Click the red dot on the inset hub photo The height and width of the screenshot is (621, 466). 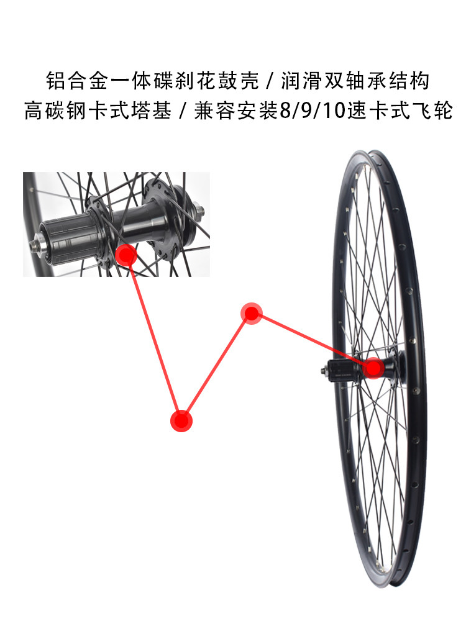point(126,255)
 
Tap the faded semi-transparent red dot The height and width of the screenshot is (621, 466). point(252,313)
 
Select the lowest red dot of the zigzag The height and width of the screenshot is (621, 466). point(181,420)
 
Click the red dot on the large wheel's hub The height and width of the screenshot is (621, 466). point(373,368)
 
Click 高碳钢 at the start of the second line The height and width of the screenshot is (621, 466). point(53,112)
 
